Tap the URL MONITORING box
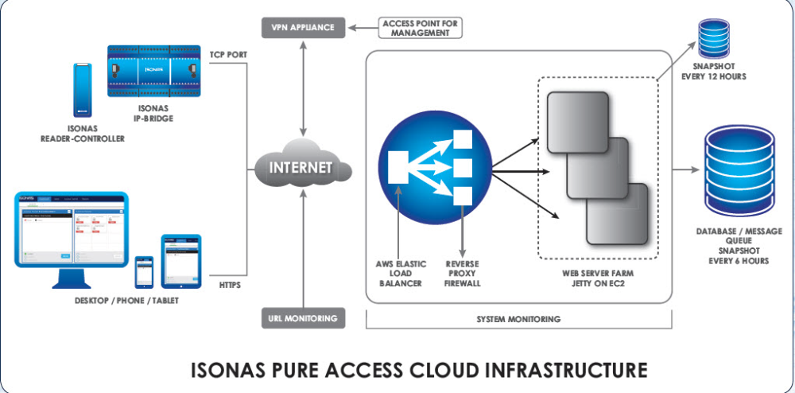click(x=303, y=318)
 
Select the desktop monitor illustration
click(x=71, y=235)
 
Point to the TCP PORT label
click(x=227, y=56)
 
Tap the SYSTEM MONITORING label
click(x=519, y=319)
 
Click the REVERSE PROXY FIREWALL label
click(x=463, y=274)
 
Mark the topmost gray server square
click(x=577, y=119)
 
